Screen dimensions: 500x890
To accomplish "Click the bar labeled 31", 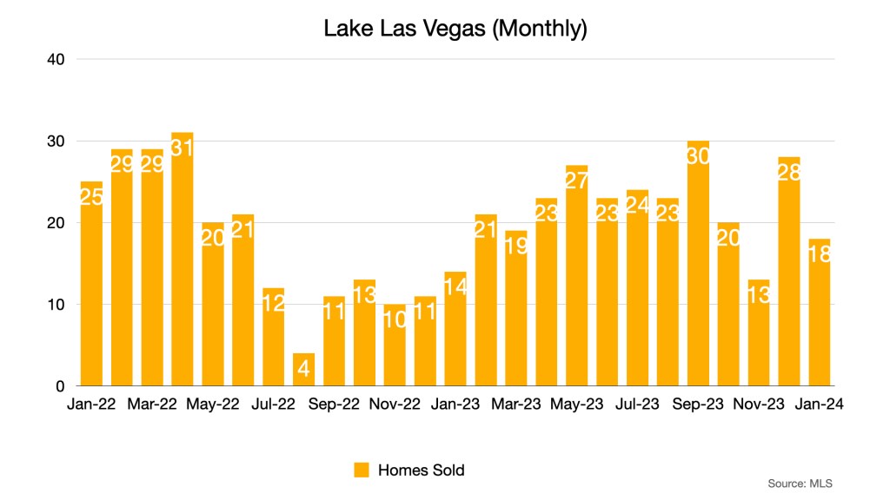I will pos(182,260).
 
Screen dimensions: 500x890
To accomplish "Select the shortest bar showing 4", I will pos(303,370).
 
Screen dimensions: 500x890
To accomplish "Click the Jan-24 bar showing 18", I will pos(820,312).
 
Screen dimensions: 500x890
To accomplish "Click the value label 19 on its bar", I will pos(515,247).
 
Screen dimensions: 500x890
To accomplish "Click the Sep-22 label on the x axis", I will pos(334,404).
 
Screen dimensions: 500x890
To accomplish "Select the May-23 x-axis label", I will pos(576,404).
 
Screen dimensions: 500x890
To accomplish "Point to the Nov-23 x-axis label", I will pos(759,404).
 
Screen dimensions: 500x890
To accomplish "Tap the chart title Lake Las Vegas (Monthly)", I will pos(455,29).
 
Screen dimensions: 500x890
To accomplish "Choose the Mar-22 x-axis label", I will pos(152,404).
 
